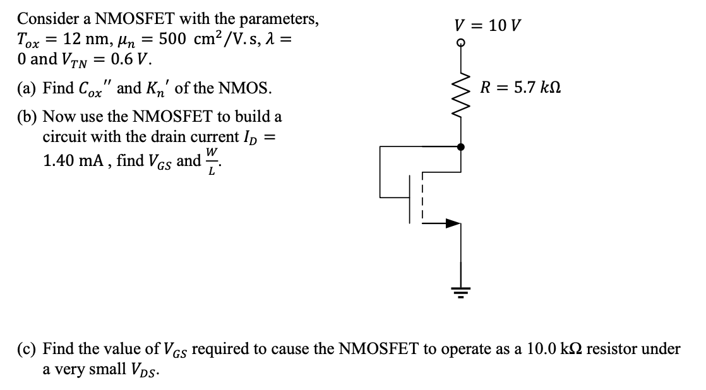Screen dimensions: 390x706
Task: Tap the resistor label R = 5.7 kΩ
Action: (x=520, y=88)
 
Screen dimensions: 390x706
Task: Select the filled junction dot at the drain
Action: (x=461, y=146)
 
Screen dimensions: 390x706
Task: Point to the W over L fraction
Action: (x=213, y=162)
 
